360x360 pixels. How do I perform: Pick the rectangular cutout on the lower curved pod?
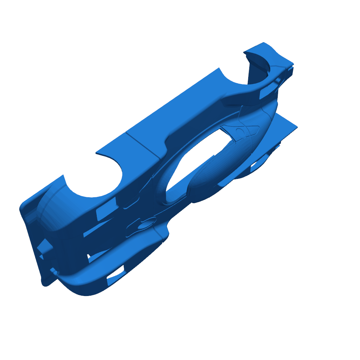pyautogui.click(x=116, y=275)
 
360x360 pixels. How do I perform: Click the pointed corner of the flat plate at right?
pyautogui.click(x=297, y=127)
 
